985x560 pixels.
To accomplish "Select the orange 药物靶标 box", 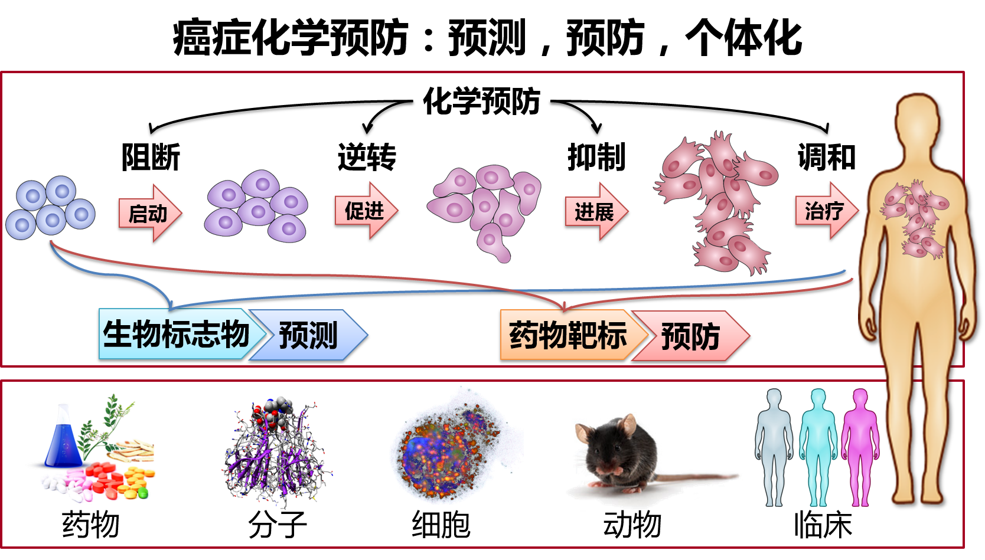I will (x=567, y=335).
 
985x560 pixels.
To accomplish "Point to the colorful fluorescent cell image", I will (x=455, y=448).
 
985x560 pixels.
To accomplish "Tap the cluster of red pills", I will (x=106, y=476).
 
